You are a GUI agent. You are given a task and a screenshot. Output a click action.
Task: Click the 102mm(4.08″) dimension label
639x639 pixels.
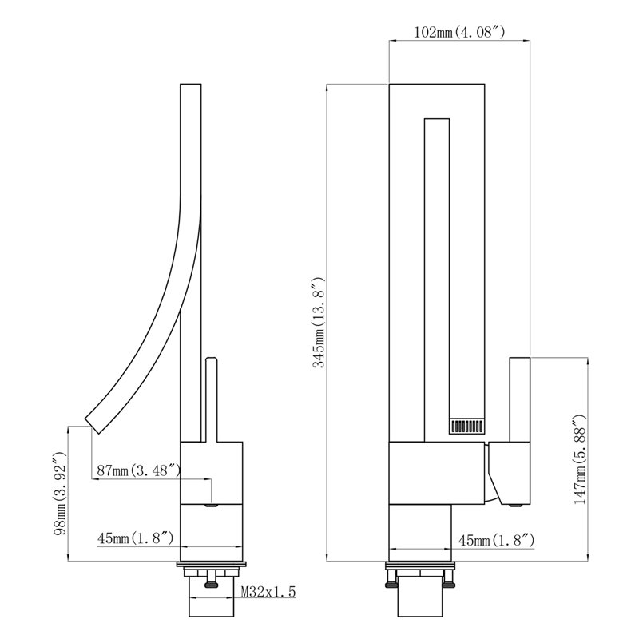(x=459, y=32)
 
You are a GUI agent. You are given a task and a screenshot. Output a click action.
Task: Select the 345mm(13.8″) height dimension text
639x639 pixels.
(x=319, y=323)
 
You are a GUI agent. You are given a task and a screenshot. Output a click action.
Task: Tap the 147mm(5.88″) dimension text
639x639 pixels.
(x=580, y=460)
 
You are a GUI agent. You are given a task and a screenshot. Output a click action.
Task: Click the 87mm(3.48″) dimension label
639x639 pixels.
(x=138, y=470)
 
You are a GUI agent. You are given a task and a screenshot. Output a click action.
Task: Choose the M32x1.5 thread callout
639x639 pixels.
(x=268, y=591)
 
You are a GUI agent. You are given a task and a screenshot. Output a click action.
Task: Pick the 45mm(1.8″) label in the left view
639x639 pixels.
(x=135, y=538)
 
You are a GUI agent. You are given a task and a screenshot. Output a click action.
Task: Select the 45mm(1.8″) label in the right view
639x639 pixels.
(x=496, y=541)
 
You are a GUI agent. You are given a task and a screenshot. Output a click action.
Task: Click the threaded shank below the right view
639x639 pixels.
(x=420, y=597)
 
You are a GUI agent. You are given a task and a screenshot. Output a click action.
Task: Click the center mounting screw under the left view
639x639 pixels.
(x=212, y=580)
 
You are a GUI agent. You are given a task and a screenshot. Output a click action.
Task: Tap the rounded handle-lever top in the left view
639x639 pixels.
(x=211, y=361)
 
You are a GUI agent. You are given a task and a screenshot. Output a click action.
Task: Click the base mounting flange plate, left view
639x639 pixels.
(x=212, y=565)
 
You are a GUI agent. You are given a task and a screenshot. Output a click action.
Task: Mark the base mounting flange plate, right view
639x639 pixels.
(x=420, y=565)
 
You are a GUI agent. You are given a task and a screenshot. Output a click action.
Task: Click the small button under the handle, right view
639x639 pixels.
(x=517, y=506)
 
